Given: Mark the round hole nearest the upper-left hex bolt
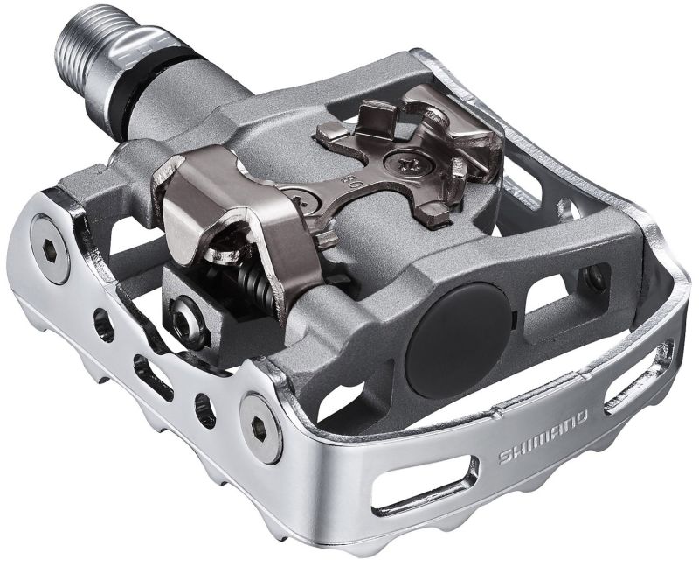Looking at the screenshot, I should pyautogui.click(x=106, y=328).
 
